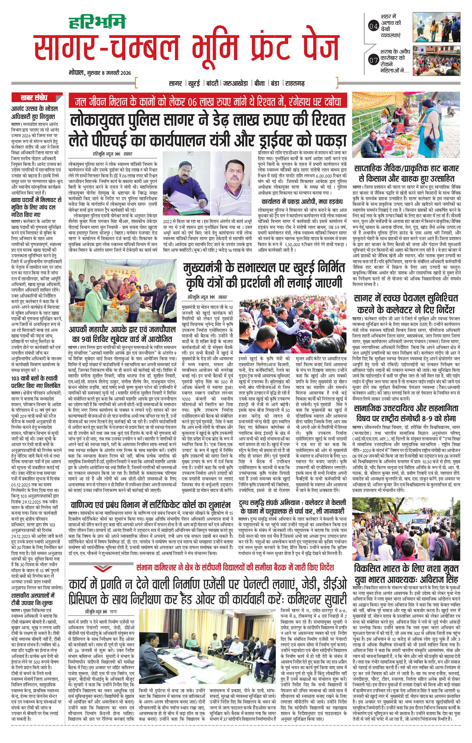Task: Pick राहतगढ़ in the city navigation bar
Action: (296, 83)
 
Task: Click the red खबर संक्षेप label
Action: (34, 98)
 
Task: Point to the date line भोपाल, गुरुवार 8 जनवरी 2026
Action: (100, 73)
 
